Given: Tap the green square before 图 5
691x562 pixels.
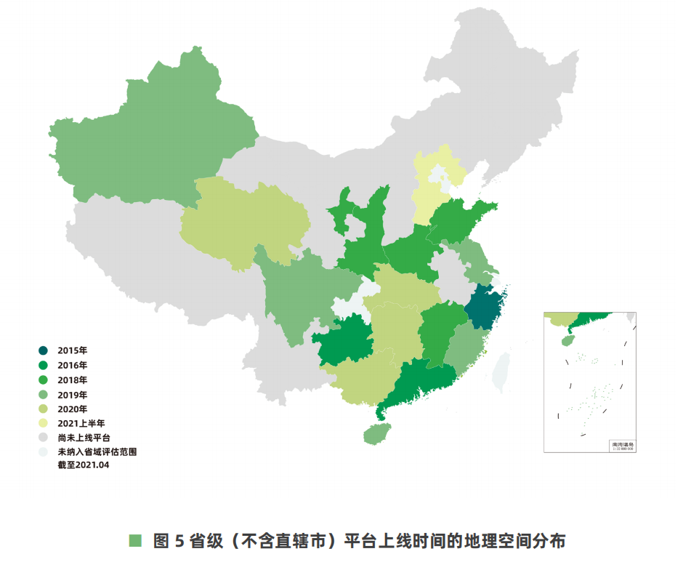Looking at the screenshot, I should [x=134, y=541].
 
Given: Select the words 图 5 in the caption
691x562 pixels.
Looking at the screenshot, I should [x=171, y=541].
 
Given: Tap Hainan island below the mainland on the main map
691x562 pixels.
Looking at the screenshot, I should [x=375, y=434].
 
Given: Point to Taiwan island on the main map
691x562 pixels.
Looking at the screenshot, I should [x=502, y=371].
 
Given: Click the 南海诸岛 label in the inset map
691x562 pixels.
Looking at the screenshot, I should [x=622, y=443].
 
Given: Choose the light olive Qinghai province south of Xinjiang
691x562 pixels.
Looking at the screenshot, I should [x=240, y=218].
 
